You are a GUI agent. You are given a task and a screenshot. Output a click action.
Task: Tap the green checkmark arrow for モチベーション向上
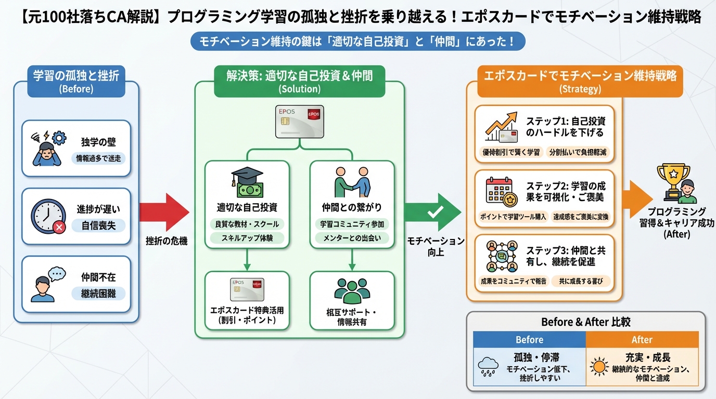(x=433, y=212)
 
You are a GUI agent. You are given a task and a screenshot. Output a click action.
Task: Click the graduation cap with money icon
(x=247, y=183)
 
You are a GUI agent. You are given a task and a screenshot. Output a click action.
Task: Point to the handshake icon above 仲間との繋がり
(x=352, y=183)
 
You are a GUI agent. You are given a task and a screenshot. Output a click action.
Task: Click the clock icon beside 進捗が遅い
(x=48, y=215)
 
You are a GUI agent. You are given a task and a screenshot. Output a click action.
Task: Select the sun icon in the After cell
(x=599, y=367)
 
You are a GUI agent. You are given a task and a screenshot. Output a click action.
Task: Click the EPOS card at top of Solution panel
(x=299, y=121)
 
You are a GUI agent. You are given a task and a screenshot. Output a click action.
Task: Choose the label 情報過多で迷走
(x=98, y=158)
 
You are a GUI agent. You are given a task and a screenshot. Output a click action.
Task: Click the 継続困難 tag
(x=99, y=294)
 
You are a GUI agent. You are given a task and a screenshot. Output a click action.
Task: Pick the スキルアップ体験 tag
(x=247, y=238)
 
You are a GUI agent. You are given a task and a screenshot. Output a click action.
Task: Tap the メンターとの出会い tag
(x=352, y=238)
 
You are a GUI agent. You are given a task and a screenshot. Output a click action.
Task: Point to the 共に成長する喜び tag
(x=581, y=281)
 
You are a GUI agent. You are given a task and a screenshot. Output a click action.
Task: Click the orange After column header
(x=642, y=340)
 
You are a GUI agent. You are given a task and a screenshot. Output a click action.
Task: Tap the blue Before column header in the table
(x=529, y=340)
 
